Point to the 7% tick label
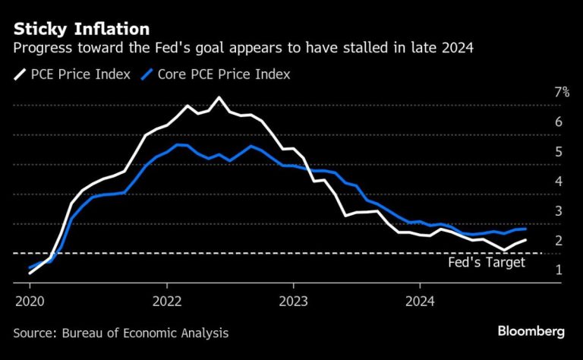pyautogui.click(x=562, y=93)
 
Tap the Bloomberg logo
pyautogui.click(x=531, y=332)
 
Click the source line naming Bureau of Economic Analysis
pyautogui.click(x=121, y=333)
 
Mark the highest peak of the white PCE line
pyautogui.click(x=219, y=97)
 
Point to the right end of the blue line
pyautogui.click(x=526, y=229)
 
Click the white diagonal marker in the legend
pyautogui.click(x=19, y=74)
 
